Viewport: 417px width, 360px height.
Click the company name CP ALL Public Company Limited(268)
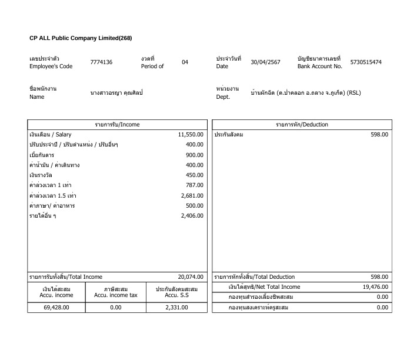(81, 38)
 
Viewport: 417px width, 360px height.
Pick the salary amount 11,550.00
(191, 135)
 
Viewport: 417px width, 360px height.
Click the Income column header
(118, 125)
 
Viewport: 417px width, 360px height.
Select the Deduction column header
(302, 125)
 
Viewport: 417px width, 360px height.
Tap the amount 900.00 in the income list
(195, 155)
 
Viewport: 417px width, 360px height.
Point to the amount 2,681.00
(192, 195)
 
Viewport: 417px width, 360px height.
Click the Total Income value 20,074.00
(191, 277)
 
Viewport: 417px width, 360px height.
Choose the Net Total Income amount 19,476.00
(375, 287)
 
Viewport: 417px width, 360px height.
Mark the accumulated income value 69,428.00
(57, 307)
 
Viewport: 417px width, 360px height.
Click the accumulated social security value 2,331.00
(176, 307)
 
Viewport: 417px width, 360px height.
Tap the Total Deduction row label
(254, 277)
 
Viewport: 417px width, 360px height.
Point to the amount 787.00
(195, 185)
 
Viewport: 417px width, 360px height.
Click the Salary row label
(50, 135)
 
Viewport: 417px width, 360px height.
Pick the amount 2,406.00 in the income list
(192, 216)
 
